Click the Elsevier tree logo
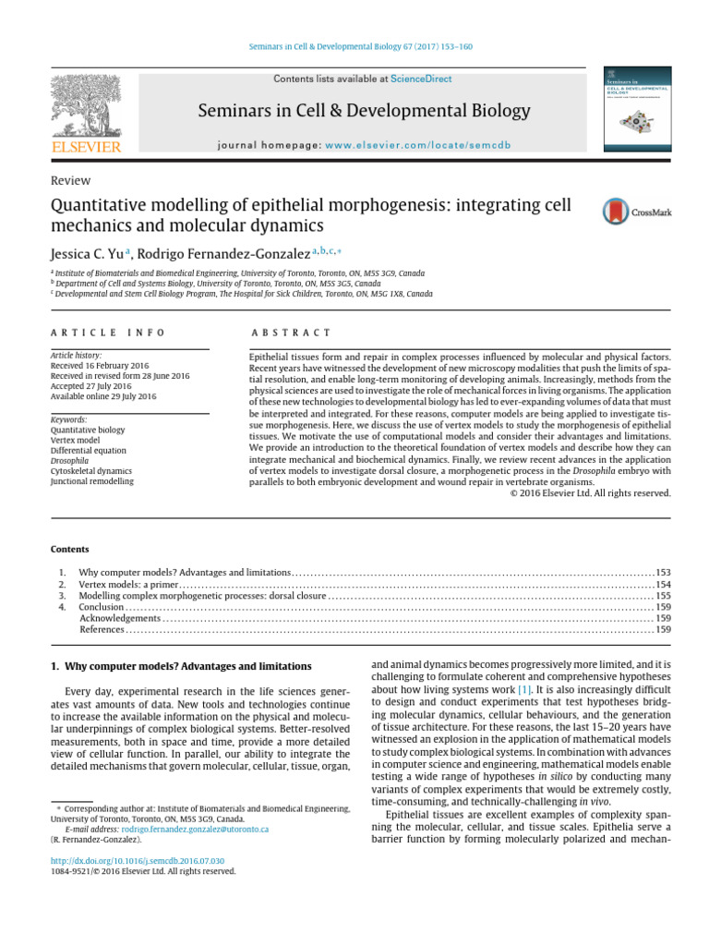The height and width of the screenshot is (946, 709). point(86,108)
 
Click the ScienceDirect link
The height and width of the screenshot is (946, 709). point(421,79)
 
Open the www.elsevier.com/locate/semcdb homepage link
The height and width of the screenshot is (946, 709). point(417,146)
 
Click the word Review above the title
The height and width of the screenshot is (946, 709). point(71,181)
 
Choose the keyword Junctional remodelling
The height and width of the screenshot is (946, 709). point(91,481)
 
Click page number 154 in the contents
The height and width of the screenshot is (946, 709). point(663,585)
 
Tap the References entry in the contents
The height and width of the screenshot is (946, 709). point(102,629)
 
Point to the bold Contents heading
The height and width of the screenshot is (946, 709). point(69,549)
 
